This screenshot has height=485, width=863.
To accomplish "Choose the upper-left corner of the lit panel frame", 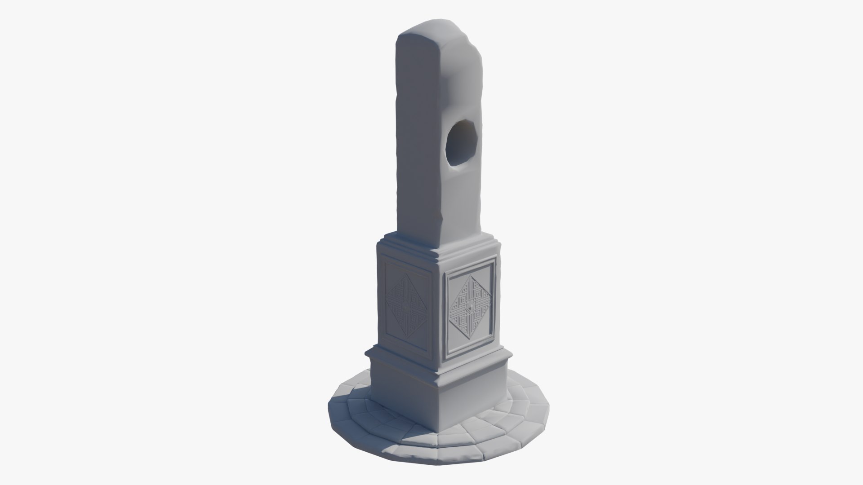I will (445, 272).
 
